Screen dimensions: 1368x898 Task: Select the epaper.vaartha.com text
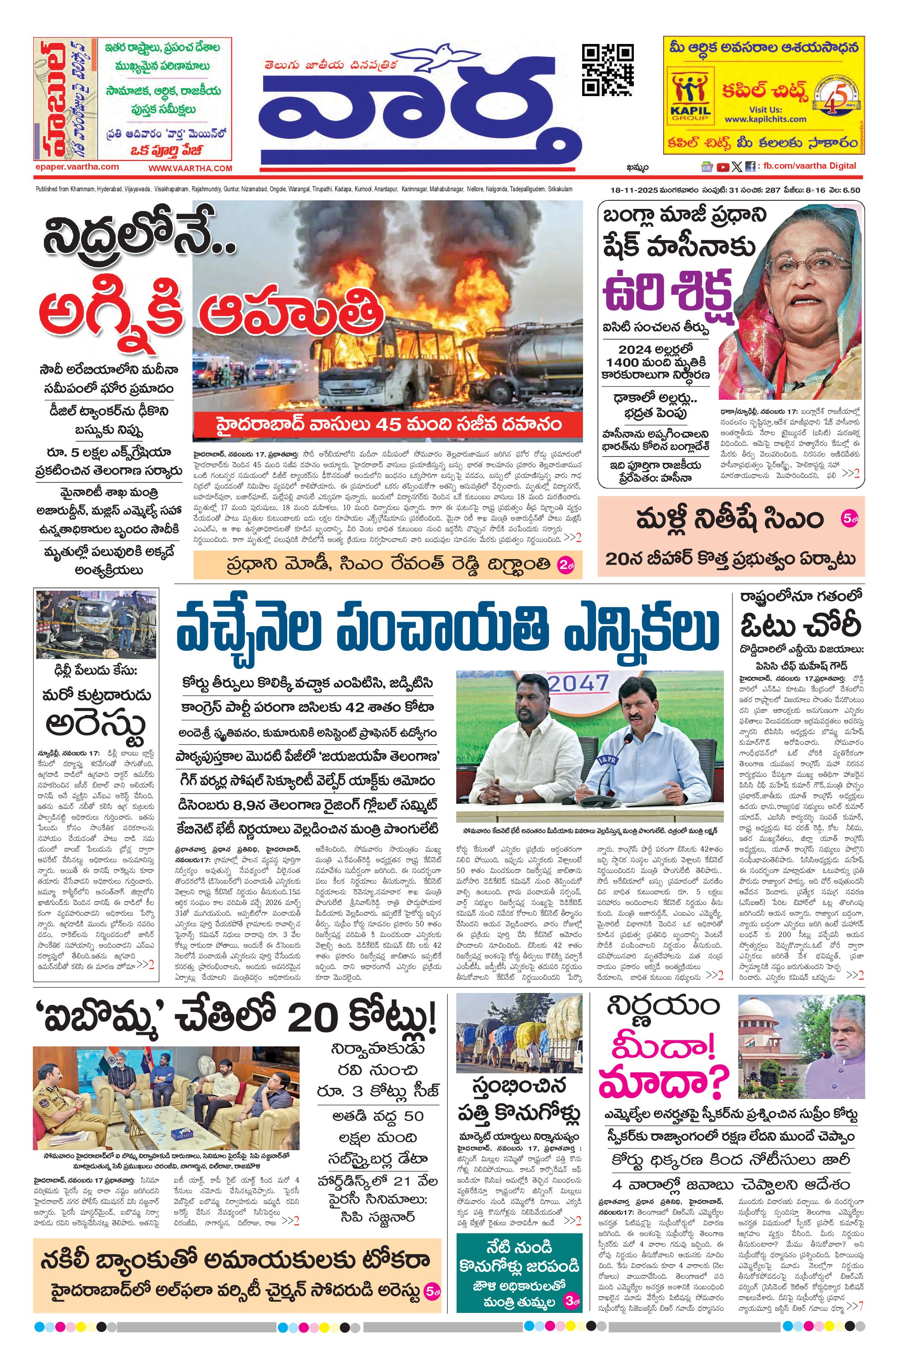click(x=76, y=167)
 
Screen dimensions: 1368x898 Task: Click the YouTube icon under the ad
click(x=722, y=167)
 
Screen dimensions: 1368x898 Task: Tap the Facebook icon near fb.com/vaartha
click(x=750, y=167)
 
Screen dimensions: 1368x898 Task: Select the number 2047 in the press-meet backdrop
click(x=577, y=683)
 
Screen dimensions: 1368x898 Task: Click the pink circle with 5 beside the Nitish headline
click(x=849, y=518)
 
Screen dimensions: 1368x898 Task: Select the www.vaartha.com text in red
click(x=190, y=168)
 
